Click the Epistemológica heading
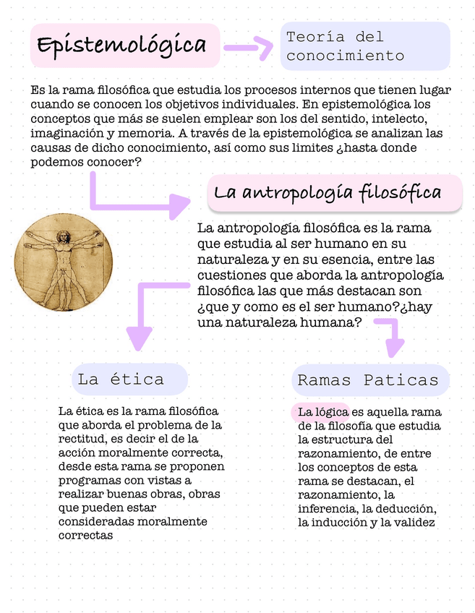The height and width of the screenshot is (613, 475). point(122,45)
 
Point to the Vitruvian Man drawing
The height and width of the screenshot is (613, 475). point(64,262)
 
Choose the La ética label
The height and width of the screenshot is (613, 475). point(121,379)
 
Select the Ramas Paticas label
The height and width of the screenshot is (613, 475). point(368,380)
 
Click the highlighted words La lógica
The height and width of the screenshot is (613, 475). point(319,412)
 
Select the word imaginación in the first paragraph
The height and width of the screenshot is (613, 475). point(67,134)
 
